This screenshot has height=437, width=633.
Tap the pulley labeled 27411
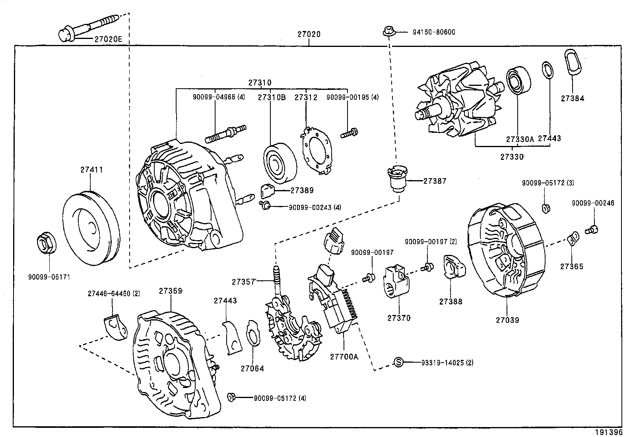91,229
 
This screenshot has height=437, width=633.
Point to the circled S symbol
398,362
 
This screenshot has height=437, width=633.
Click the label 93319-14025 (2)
447,362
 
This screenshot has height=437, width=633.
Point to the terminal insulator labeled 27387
397,179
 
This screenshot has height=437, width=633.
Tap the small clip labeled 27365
573,239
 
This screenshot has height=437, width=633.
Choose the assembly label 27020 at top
309,35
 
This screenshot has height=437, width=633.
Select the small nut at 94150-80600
388,31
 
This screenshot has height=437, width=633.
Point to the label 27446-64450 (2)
114,293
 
